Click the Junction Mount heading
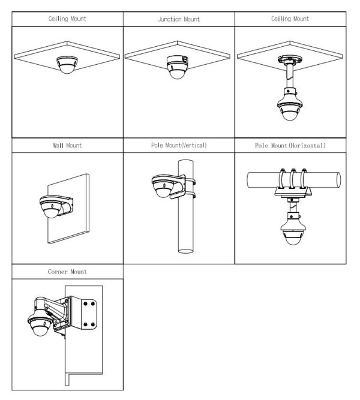click(179, 19)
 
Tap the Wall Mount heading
click(67, 145)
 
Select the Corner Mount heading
click(67, 272)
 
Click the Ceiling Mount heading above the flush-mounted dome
click(67, 19)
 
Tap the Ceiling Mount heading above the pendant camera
click(290, 19)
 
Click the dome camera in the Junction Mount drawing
click(177, 67)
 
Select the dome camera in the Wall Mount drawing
click(52, 207)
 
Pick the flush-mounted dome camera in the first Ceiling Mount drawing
click(67, 65)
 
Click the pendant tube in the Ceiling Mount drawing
click(290, 76)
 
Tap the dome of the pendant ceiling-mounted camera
click(290, 115)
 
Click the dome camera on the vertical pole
click(163, 187)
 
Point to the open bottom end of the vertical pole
click(185, 251)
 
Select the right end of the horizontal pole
click(338, 180)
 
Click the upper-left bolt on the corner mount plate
click(86, 303)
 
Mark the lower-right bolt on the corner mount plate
click(93, 324)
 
